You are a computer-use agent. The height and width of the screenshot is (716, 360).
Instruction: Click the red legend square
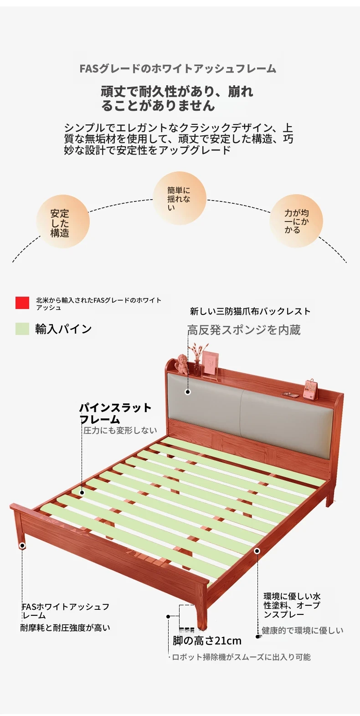click(x=22, y=303)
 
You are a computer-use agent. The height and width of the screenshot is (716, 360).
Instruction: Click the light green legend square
click(x=22, y=329)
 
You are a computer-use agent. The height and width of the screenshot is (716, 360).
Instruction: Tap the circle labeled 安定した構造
click(x=63, y=221)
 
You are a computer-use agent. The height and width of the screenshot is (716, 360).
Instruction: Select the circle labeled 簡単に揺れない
click(x=179, y=198)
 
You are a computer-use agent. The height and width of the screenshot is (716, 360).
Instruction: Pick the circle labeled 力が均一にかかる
click(x=296, y=221)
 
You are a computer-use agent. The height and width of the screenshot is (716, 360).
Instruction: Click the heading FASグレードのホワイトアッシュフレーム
click(x=178, y=69)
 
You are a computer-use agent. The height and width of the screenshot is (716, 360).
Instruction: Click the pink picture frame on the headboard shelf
click(x=211, y=363)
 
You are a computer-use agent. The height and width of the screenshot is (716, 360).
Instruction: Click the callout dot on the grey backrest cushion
click(x=188, y=391)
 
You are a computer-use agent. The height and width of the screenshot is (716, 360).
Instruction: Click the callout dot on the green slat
click(x=82, y=493)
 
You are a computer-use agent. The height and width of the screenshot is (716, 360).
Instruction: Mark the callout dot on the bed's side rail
click(x=257, y=551)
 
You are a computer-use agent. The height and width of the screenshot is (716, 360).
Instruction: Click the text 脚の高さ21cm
click(x=207, y=641)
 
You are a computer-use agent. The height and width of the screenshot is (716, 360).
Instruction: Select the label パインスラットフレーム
click(x=115, y=413)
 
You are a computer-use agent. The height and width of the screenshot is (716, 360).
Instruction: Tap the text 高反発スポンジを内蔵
click(x=244, y=330)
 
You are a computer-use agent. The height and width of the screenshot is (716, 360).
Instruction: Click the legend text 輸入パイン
click(x=63, y=329)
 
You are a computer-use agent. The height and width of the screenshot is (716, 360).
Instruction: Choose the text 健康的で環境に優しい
click(x=303, y=630)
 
